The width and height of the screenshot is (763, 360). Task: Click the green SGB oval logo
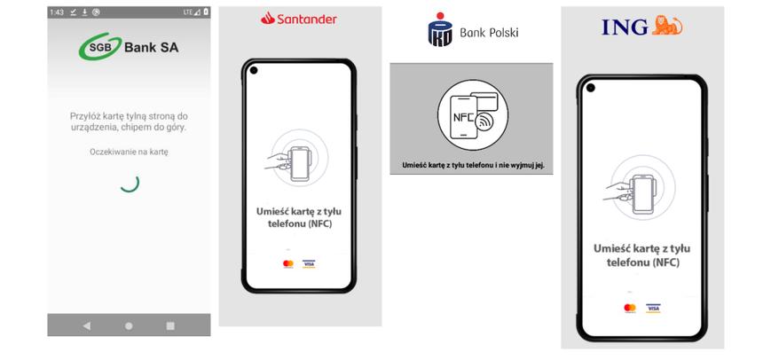coord(95,49)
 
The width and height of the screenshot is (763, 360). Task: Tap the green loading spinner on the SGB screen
coord(130,183)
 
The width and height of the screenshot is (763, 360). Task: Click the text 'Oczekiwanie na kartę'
coord(129,152)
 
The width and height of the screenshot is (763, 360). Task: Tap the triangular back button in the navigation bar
coord(87,325)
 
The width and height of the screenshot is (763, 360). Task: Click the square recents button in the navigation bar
coord(170,325)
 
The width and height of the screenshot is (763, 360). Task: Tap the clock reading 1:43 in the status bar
coord(57,12)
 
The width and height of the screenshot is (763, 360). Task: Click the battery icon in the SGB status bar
coord(206,12)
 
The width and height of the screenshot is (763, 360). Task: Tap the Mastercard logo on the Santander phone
coord(288,263)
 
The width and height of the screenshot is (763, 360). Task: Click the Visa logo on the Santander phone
coord(309,263)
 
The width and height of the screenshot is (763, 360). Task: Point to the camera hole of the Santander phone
coord(253,71)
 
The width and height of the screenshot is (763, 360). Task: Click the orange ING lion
coord(667,27)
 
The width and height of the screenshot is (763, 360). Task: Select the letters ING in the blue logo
coord(625,27)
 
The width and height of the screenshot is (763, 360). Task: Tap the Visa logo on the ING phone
coord(654,308)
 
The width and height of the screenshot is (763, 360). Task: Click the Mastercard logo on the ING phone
coord(630,308)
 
